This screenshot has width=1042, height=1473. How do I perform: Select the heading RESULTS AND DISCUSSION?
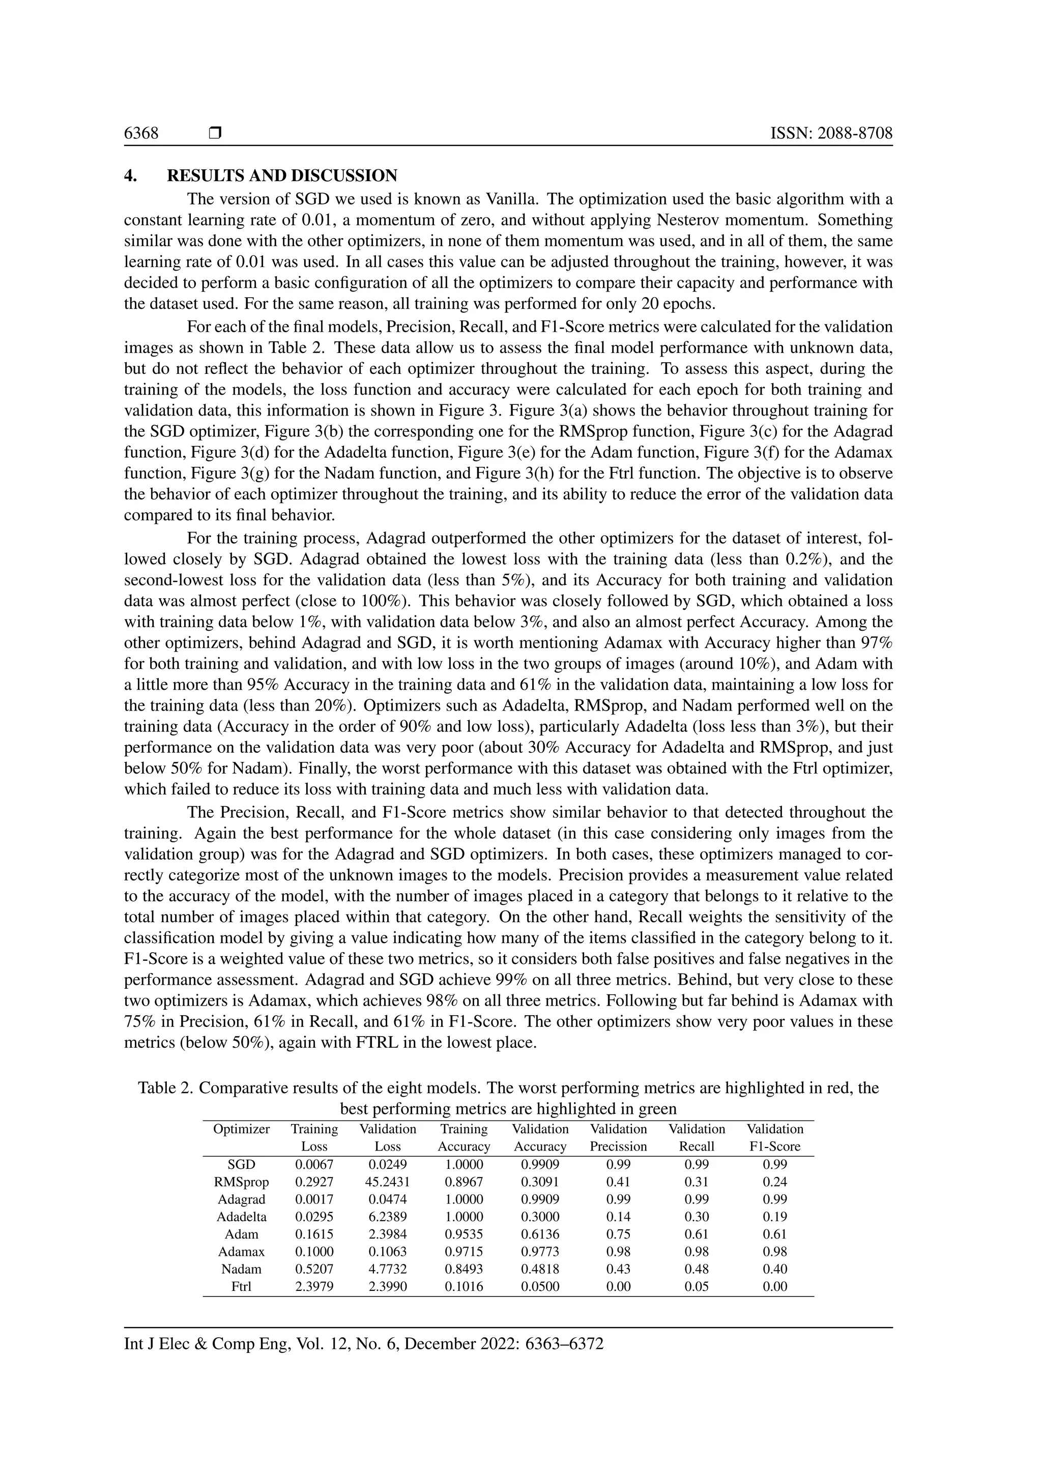click(282, 176)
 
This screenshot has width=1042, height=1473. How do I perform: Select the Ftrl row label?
click(241, 1286)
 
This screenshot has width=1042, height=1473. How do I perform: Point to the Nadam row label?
click(241, 1269)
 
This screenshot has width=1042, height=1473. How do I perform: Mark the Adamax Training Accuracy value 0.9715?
click(464, 1252)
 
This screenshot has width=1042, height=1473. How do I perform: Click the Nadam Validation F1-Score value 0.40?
click(774, 1269)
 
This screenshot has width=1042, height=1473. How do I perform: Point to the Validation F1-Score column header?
click(774, 1137)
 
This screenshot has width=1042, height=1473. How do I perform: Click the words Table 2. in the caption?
click(165, 1088)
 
